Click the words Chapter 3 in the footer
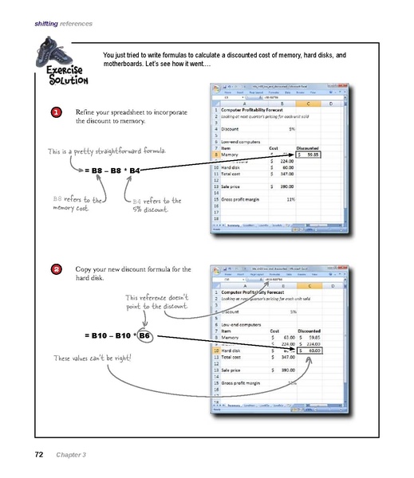[71, 455]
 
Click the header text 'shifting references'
[61, 25]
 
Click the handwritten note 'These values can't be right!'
[85, 358]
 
